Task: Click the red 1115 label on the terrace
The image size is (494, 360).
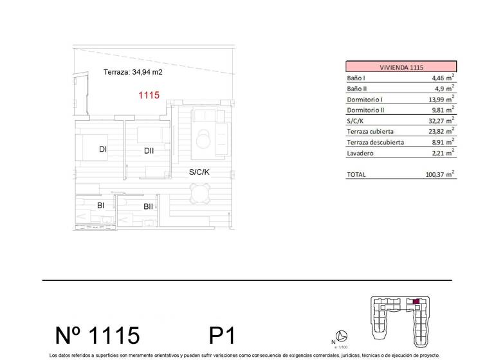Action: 149,95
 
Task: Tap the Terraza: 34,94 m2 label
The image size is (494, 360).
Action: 133,73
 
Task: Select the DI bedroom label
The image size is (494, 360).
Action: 102,150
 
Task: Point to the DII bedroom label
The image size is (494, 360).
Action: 149,151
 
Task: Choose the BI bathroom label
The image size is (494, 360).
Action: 101,206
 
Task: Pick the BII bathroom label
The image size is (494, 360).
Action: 148,206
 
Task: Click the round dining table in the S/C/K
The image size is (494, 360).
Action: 201,191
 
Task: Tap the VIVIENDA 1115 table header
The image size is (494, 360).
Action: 401,66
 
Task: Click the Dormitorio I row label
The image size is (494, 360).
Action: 365,100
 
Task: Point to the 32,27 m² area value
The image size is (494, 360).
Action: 441,120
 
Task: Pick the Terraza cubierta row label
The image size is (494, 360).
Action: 372,131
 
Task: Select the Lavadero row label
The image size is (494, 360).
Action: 360,153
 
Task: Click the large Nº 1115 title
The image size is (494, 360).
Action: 97,335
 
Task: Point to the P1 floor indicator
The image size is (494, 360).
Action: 223,335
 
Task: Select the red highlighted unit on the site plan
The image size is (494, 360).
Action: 416,301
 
